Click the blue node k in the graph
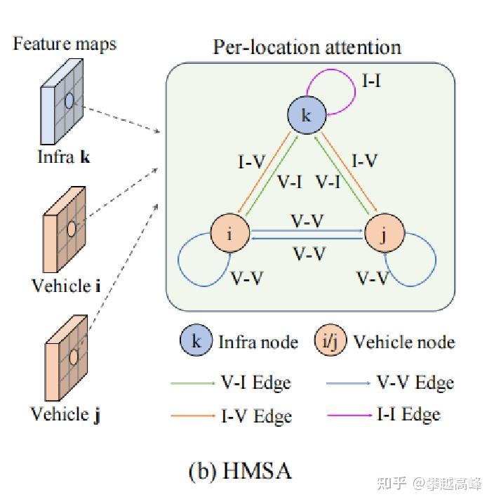306,116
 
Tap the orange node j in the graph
382,234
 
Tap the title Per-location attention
307,47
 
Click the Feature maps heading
65,44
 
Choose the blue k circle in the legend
196,342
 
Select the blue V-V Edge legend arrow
348,383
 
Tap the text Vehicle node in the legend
403,342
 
